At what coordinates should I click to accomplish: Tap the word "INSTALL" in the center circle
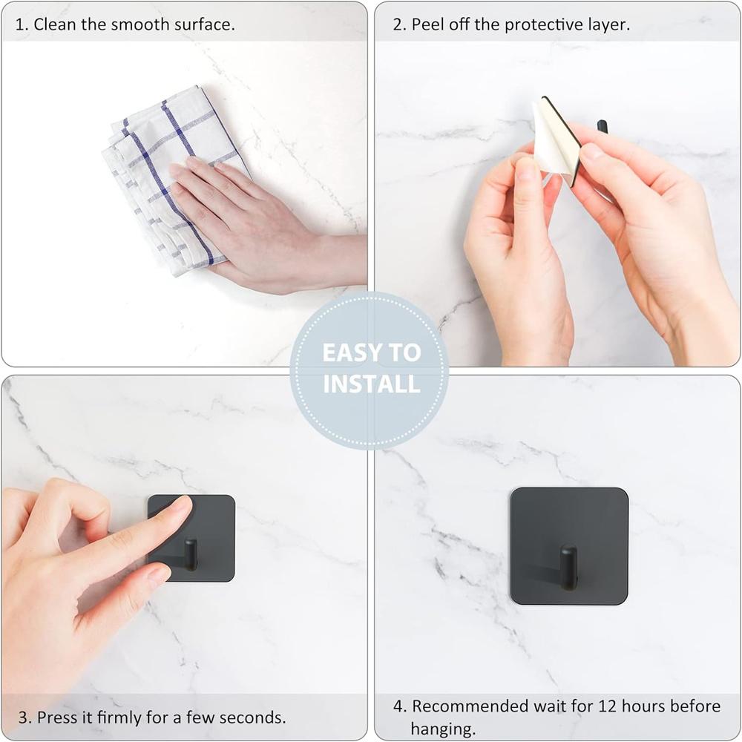coord(371,384)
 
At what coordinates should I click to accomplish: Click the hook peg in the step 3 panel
coord(191,555)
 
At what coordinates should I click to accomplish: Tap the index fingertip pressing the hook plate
coord(178,508)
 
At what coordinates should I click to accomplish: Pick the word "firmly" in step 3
coord(121,718)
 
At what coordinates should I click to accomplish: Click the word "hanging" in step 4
coord(441,729)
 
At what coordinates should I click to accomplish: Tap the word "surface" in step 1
coord(205,24)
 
